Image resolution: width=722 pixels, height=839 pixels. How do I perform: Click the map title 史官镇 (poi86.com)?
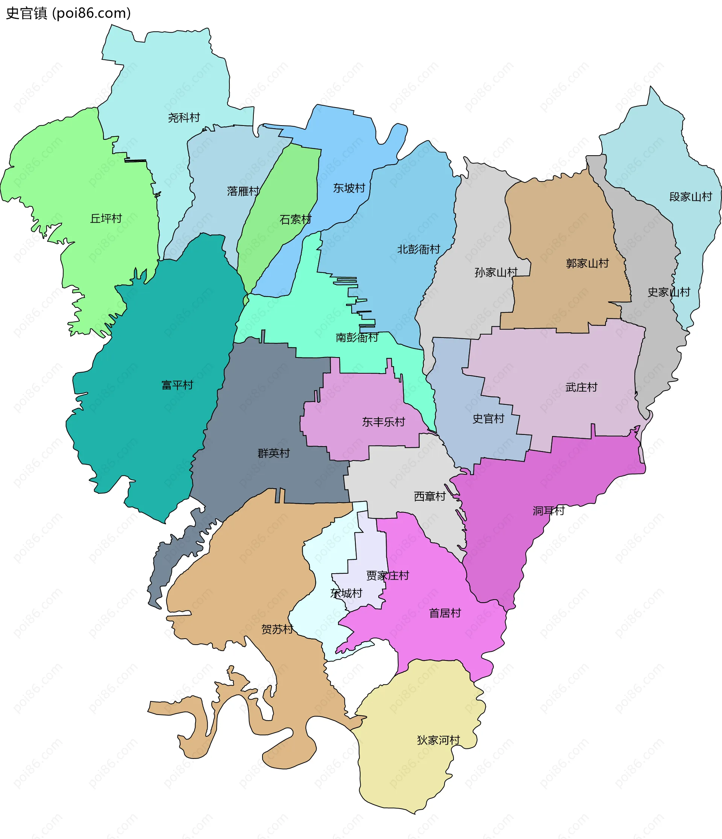[68, 14]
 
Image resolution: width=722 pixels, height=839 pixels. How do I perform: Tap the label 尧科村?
[184, 118]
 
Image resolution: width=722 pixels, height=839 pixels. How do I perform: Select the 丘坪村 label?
[106, 219]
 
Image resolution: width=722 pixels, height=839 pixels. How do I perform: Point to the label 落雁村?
[243, 191]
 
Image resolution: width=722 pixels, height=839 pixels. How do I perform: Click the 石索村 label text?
[295, 220]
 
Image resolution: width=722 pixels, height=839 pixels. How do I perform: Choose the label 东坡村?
[349, 188]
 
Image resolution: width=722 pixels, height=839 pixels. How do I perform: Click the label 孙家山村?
[496, 273]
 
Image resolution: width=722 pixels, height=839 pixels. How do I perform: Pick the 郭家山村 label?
[587, 264]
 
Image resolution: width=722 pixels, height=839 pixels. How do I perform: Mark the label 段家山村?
[690, 197]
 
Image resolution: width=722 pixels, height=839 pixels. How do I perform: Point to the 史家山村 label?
[669, 292]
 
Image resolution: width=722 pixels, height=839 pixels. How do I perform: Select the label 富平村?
[177, 385]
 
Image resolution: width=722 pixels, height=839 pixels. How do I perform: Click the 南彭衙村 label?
[356, 338]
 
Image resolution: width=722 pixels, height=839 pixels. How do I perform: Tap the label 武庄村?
[581, 388]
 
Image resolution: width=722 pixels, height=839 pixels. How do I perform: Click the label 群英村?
[273, 453]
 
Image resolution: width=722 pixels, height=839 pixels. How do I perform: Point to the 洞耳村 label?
[548, 511]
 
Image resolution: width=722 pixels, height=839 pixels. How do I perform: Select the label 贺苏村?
[277, 629]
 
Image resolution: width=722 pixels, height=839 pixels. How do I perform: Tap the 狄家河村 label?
[438, 740]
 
